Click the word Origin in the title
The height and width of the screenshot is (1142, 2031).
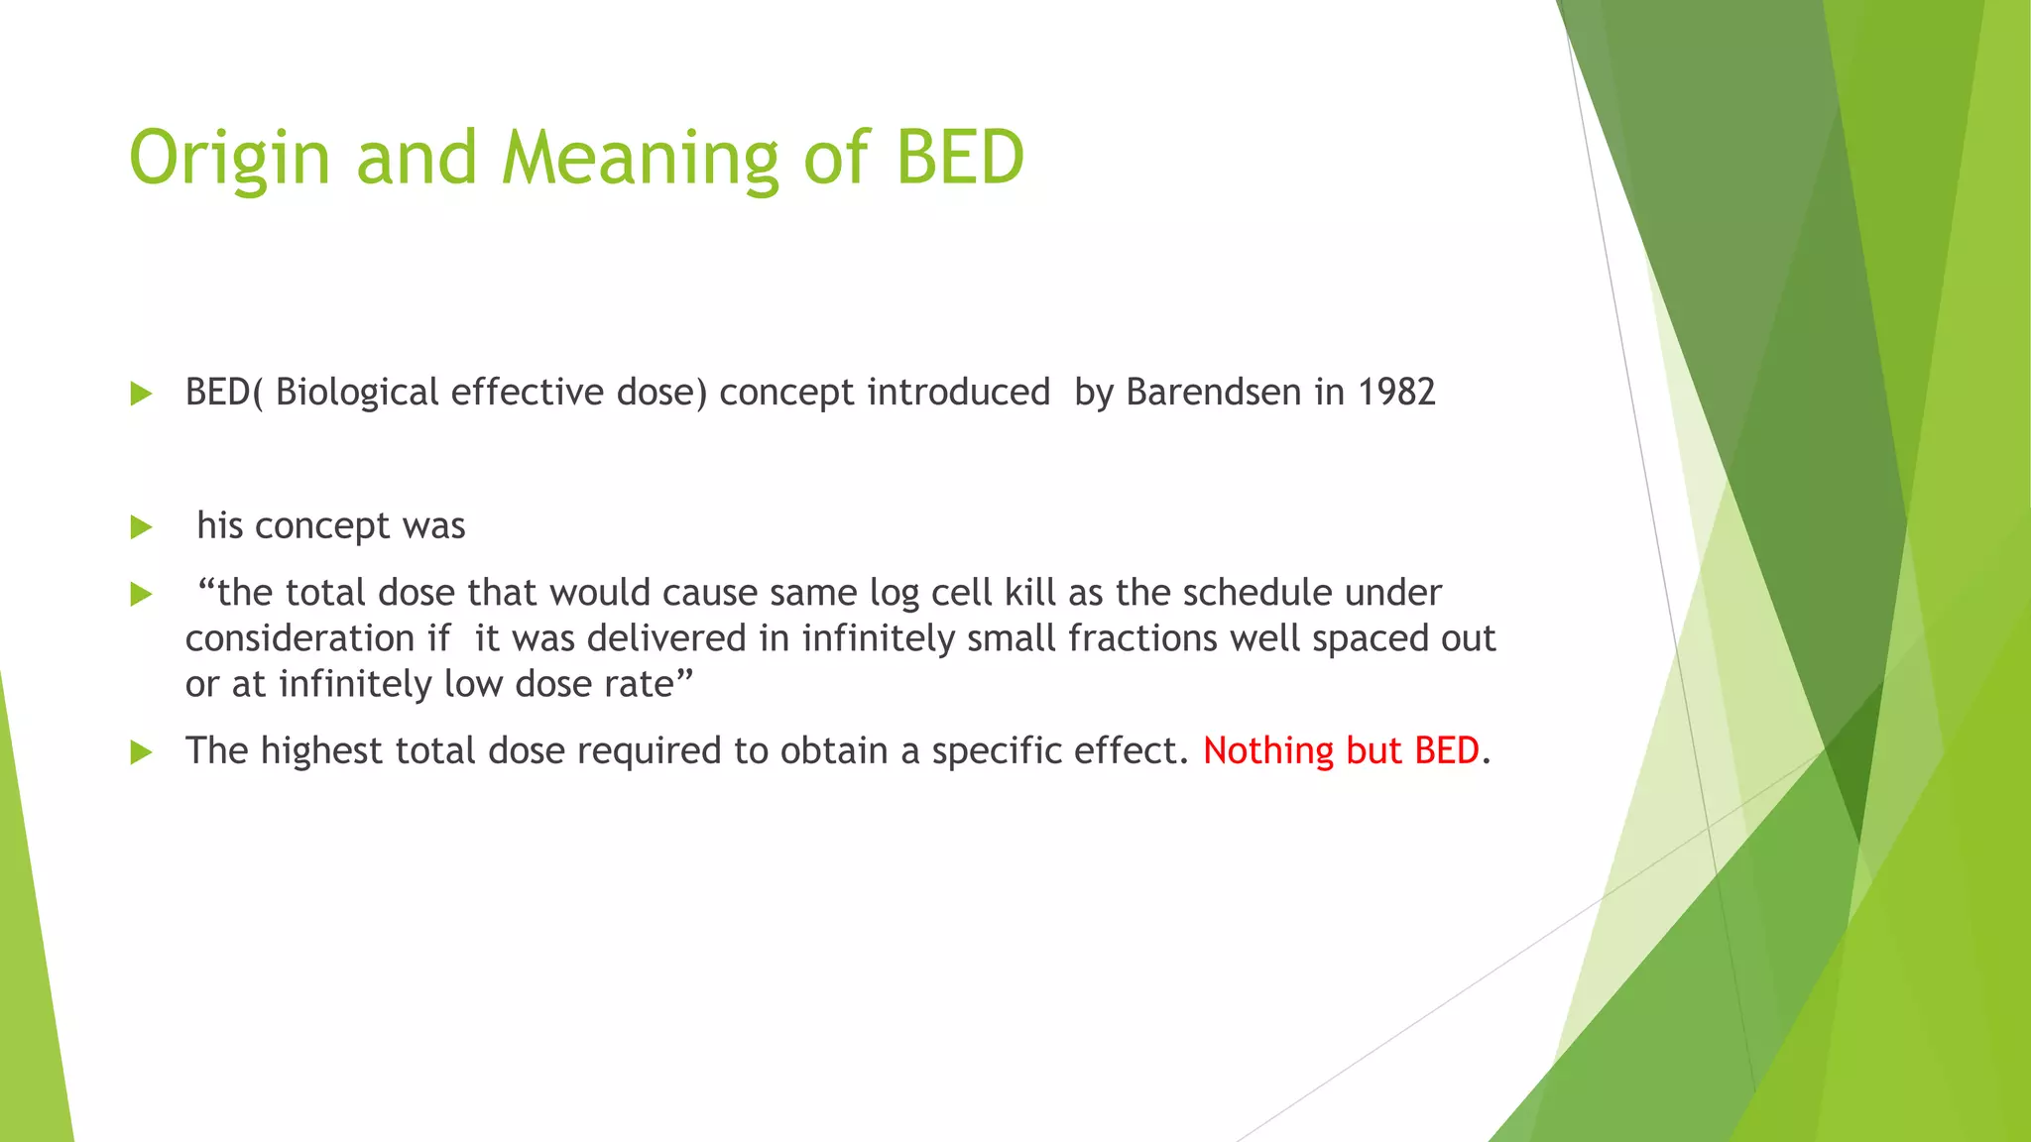229,159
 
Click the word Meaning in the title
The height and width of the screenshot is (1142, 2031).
640,159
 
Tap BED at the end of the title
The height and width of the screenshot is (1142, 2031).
959,159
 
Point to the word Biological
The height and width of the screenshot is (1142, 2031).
357,394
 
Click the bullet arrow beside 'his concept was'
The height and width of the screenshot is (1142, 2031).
141,526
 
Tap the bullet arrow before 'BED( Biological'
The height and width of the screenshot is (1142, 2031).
141,394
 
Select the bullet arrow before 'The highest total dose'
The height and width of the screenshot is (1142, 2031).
141,752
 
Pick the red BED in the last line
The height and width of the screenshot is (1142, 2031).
1447,750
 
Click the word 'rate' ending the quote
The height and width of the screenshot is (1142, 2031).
638,684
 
